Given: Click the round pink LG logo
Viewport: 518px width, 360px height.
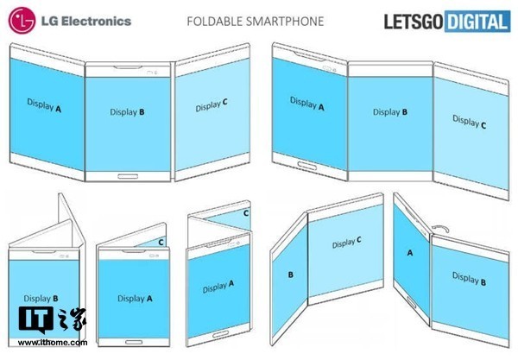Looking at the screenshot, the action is pos(22,21).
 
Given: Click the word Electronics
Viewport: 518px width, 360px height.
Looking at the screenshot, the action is pos(96,21).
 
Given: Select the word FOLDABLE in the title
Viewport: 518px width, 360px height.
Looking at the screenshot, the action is pos(215,21).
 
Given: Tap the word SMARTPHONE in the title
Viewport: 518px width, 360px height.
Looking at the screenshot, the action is pos(285,21).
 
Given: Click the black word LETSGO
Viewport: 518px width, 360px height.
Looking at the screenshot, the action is pos(414,22).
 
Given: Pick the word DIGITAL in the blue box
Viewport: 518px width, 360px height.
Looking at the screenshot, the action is pos(477,22).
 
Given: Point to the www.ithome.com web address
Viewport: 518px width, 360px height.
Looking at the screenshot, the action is pos(53,343).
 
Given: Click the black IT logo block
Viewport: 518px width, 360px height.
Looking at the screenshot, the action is pos(36,319).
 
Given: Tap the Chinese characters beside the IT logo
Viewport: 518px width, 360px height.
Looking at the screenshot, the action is pos(72,319).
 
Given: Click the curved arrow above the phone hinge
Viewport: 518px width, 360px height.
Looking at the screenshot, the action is pos(440,228).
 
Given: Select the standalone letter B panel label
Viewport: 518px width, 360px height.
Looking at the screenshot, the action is pos(291,275).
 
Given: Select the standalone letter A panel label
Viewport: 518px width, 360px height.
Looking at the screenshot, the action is pos(410,253).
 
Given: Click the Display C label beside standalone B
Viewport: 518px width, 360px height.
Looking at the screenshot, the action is pos(347,243).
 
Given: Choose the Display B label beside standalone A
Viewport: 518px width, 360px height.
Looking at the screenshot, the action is pos(469,278).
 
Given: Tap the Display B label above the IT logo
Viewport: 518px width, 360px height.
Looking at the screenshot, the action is pos(41,299).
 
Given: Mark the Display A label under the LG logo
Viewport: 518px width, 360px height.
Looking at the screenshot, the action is pos(44,105).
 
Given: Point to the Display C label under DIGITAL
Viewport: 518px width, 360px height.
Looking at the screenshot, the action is pos(469,122).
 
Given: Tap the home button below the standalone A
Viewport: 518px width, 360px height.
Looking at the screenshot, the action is pos(412,302).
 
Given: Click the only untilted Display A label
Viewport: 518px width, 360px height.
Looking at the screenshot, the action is pos(135,299).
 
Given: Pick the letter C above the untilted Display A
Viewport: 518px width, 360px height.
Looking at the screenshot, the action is pos(161,243).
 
